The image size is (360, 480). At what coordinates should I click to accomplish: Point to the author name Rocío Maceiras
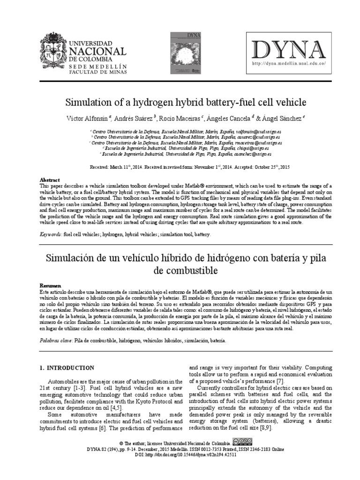[x=180, y=119]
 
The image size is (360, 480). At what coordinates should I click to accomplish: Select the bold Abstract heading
[x=50, y=180]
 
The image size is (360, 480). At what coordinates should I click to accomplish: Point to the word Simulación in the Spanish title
[x=71, y=259]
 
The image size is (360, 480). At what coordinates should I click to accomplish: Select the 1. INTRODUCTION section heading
[x=67, y=368]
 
